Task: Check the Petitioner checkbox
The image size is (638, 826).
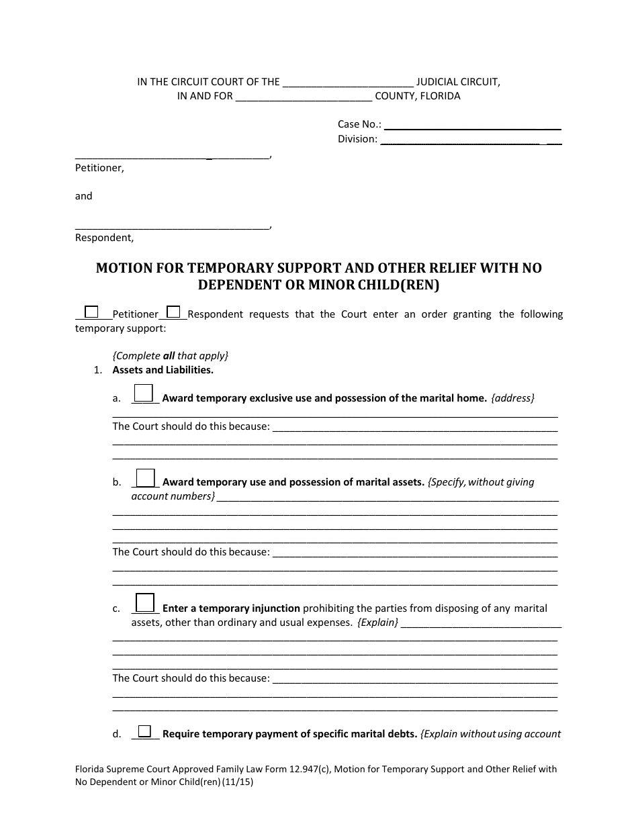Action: coord(91,312)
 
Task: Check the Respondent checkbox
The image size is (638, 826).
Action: coord(173,312)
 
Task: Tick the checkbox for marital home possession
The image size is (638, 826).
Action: coord(144,393)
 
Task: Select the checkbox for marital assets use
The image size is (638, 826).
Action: coord(146,477)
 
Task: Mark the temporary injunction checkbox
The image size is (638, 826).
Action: coord(145,602)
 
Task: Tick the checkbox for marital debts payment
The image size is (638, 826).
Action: coord(144,731)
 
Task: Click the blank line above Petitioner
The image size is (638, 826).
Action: coord(171,156)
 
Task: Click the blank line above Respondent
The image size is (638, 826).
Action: coord(171,226)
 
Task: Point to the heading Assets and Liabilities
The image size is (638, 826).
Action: coord(163,370)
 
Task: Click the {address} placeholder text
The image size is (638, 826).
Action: coord(513,398)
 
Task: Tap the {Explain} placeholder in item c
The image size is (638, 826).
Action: coord(377,623)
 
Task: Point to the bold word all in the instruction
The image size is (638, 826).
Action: coord(169,356)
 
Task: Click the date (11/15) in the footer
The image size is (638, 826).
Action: coord(241,782)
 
